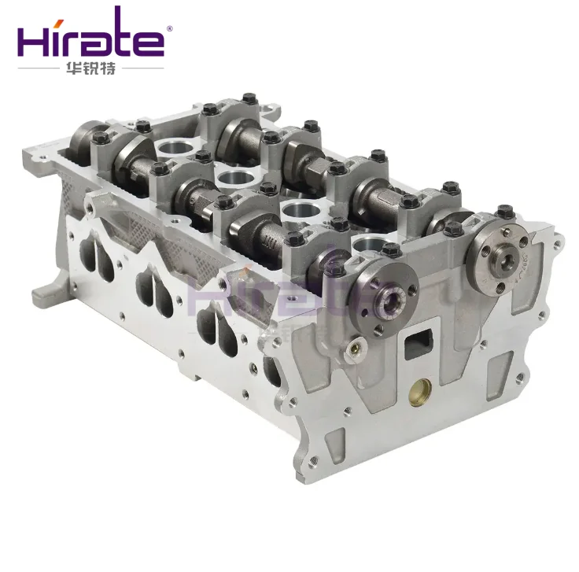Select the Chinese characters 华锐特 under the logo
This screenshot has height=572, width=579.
(x=90, y=69)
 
